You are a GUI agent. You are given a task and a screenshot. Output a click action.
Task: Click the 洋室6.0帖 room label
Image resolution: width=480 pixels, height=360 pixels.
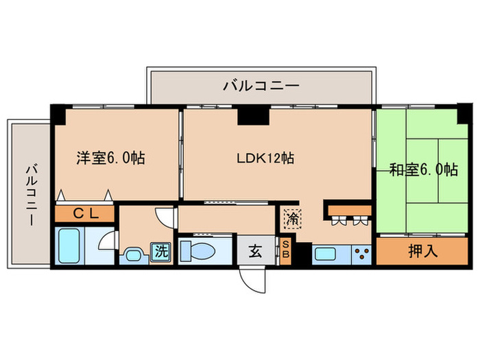coord(110,158)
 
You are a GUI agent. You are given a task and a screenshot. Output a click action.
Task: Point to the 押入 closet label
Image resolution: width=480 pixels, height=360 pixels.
coord(423,251)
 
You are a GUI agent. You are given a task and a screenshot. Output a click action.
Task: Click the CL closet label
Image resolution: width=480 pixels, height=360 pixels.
coord(86,213)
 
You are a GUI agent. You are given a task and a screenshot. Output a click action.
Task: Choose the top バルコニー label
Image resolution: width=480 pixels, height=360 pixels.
coord(261,86)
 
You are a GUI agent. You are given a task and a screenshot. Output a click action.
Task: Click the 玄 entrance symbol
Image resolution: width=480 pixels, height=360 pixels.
coord(255,252)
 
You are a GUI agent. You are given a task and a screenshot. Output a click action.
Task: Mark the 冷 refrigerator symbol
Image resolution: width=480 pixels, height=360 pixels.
coord(291,219)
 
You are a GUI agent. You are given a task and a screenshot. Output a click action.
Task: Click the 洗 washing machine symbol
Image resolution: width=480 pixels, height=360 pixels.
coord(162,251)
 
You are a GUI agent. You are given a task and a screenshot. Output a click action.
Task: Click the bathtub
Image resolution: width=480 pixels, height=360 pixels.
coord(69,246)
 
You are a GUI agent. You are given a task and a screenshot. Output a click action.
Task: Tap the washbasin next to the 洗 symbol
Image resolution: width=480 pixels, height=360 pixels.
coord(134,256)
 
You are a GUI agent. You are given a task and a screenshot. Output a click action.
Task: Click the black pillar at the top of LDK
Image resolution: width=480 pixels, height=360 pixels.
coord(253,115)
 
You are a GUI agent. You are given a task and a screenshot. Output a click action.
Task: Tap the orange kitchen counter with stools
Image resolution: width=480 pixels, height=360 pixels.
coord(348,208)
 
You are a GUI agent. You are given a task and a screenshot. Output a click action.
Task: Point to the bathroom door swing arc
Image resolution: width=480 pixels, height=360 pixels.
coord(104,243)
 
